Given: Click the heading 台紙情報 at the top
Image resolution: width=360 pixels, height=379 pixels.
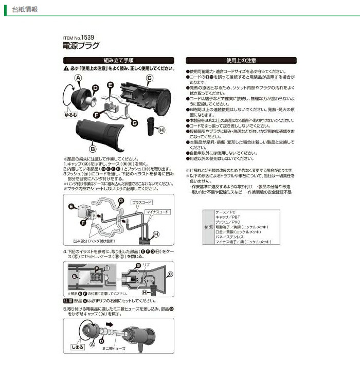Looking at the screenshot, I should pos(23,9).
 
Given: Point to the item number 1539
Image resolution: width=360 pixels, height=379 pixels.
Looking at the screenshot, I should pos(90,38).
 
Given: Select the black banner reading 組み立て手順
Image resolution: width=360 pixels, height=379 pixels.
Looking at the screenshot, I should pos(118,60).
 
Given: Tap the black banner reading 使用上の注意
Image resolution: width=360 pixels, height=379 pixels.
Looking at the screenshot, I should pos(241,60).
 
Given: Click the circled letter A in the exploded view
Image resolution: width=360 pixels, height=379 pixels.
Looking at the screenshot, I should pos(78,77).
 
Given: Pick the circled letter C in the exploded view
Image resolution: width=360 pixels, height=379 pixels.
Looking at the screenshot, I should pos(149,78).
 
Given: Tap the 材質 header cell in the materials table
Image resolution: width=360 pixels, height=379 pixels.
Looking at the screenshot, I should pos(208,227).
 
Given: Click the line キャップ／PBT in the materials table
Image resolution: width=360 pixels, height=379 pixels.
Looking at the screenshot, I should pos(227,217).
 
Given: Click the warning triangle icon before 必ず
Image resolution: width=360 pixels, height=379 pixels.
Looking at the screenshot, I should pos(66,68).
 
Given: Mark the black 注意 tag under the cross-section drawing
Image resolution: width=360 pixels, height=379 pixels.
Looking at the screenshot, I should pos(68,300).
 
